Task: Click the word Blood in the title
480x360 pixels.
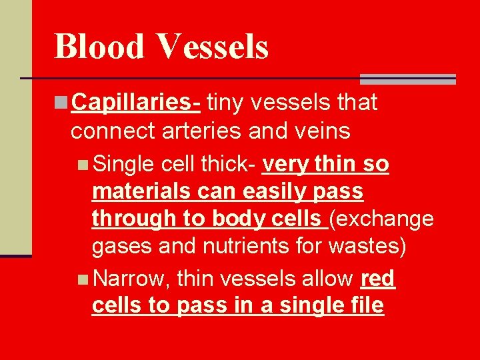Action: pos(99,46)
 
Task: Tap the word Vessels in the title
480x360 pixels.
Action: pos(213,46)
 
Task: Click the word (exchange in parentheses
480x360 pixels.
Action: pos(383,219)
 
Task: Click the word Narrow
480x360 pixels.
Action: pos(132,279)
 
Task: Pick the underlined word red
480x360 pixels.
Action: pos(377,279)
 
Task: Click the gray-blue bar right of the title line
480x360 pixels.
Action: pos(407,79)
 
